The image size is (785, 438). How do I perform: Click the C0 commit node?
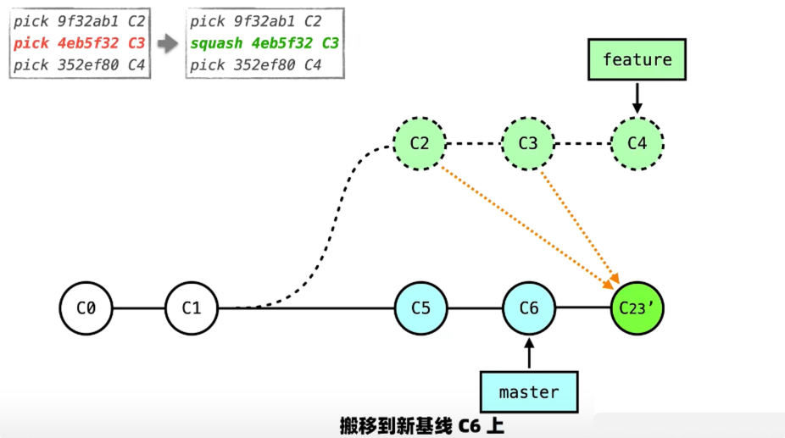tap(86, 308)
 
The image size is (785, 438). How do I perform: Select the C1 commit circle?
tap(192, 308)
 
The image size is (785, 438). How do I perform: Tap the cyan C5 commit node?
tap(421, 308)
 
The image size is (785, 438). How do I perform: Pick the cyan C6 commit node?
tap(529, 308)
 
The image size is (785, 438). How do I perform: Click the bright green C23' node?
tap(637, 308)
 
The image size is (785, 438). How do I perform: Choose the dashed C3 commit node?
tap(528, 143)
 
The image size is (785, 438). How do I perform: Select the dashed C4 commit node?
tap(637, 143)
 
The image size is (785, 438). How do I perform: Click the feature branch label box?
tap(637, 60)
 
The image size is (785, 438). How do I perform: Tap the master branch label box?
tap(529, 392)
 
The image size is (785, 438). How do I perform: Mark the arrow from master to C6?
tap(529, 352)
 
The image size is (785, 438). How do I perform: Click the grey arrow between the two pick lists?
tap(168, 43)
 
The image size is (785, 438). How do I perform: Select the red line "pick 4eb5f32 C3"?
tap(80, 43)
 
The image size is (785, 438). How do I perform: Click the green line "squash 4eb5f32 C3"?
tap(264, 43)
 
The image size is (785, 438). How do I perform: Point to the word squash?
tap(216, 43)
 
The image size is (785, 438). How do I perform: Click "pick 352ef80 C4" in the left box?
tap(80, 64)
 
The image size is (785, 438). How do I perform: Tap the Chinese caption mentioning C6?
tap(421, 426)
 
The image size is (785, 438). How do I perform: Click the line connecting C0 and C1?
tap(138, 308)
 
